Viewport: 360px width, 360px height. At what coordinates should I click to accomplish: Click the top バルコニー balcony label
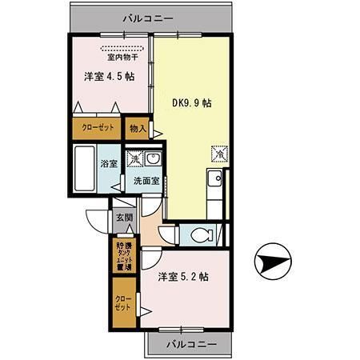(148, 16)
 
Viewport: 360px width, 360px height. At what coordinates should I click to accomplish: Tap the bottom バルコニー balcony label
(189, 344)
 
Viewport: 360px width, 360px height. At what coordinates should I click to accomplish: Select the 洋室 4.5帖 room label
(109, 78)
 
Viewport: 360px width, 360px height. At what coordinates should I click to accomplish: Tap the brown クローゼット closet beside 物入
(97, 128)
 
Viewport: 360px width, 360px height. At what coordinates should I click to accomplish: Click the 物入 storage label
(138, 128)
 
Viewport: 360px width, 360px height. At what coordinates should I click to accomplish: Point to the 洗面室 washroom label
(146, 180)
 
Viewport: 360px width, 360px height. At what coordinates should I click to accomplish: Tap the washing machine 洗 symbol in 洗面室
(136, 158)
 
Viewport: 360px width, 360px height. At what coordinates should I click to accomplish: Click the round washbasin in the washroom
(153, 158)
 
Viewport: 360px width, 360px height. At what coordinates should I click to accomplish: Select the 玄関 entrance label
(123, 218)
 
